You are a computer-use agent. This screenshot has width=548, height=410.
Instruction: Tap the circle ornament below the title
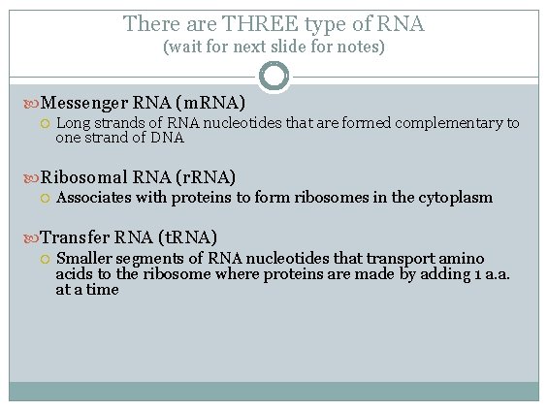click(x=274, y=76)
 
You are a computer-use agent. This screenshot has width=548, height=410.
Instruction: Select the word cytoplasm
click(x=457, y=198)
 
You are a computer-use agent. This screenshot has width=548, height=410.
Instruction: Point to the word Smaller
click(x=85, y=259)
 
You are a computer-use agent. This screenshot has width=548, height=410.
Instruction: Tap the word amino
click(x=462, y=259)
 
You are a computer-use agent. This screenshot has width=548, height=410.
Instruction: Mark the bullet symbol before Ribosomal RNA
click(x=32, y=177)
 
